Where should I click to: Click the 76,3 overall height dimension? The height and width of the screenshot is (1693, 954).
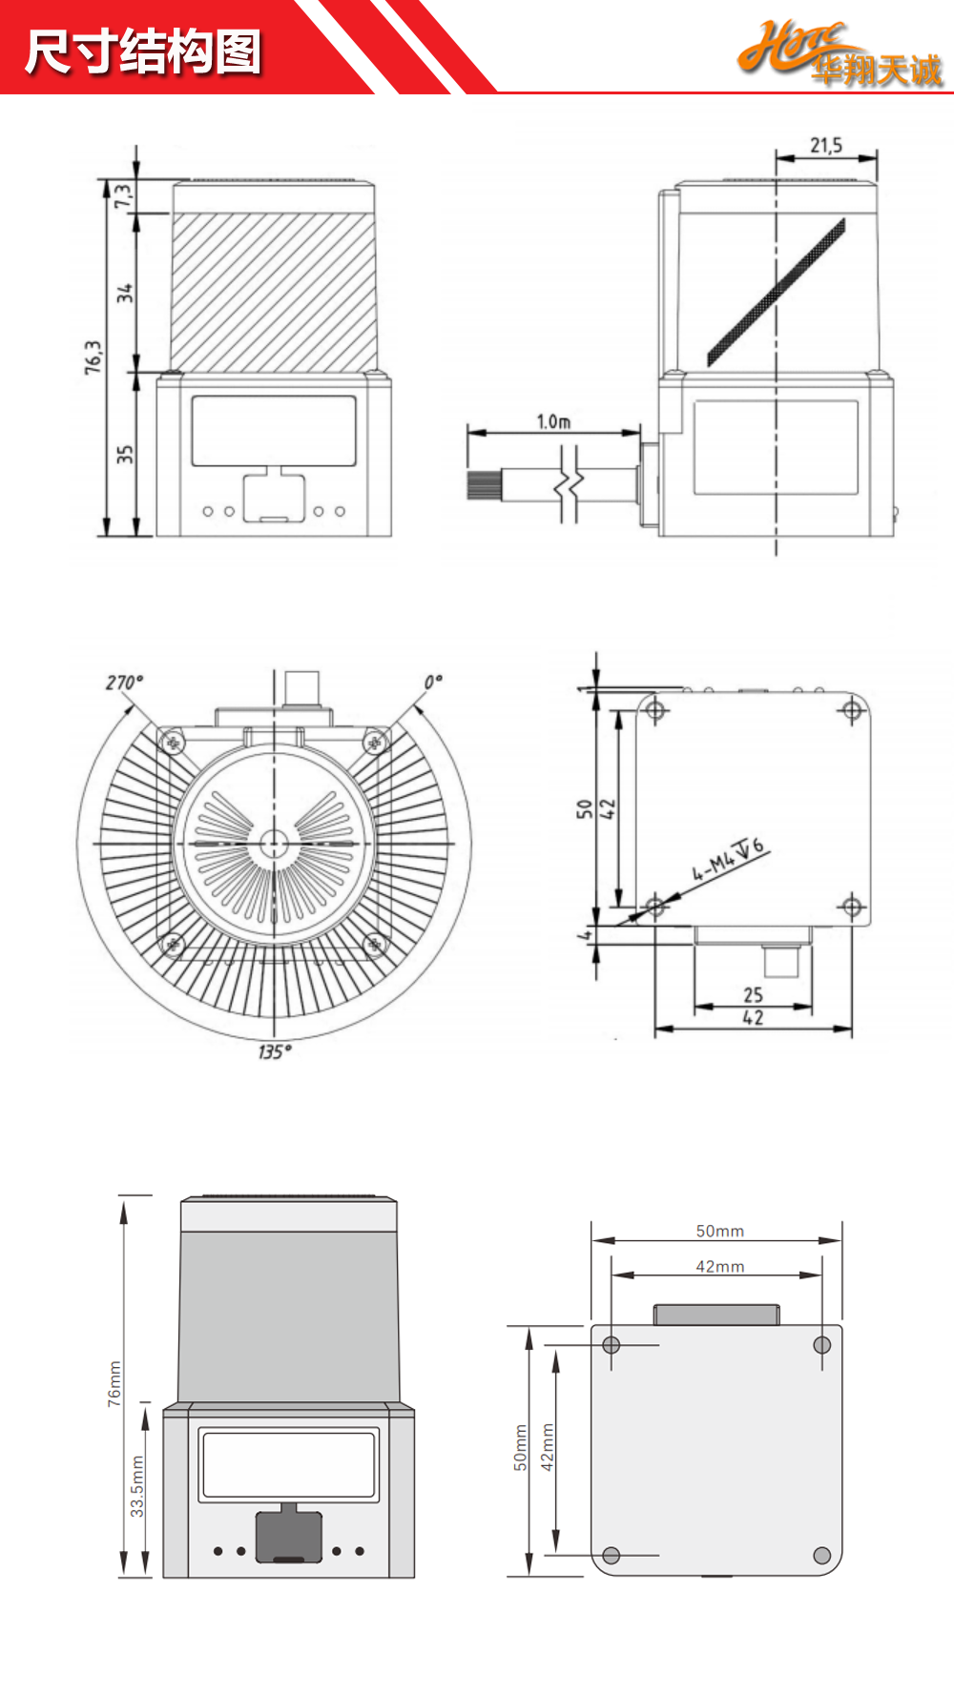tap(93, 357)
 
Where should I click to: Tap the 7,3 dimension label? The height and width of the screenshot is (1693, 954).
tap(122, 195)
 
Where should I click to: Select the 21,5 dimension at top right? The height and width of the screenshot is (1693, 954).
tap(826, 146)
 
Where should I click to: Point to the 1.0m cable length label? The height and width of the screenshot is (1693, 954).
tap(553, 421)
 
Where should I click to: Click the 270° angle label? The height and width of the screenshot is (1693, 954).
tap(124, 683)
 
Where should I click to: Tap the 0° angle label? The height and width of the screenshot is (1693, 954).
tap(433, 683)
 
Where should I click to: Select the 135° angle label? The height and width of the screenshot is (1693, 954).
tap(274, 1051)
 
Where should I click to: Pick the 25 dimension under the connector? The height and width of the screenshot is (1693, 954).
tap(753, 994)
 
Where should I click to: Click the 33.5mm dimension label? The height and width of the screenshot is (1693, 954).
tap(137, 1487)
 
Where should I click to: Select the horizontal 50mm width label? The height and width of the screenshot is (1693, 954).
tap(719, 1231)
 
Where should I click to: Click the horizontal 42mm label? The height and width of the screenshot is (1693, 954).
tap(719, 1266)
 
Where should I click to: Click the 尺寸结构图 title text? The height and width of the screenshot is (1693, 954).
tap(143, 51)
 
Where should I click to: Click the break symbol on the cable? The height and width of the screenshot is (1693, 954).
tap(570, 484)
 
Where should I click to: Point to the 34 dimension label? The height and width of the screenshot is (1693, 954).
tap(125, 293)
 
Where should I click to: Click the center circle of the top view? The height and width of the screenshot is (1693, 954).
tap(274, 844)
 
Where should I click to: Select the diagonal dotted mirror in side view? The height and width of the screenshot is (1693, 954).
tap(776, 292)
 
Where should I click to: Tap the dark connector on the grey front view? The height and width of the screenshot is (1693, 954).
tap(288, 1535)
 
